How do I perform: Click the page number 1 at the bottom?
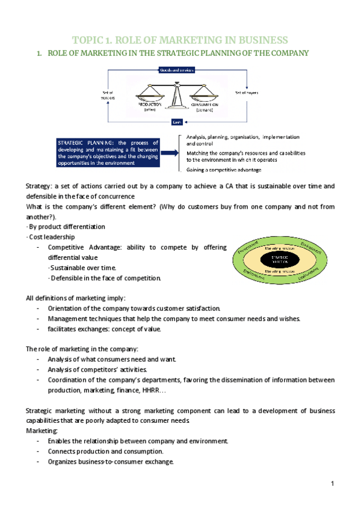coord(332,484)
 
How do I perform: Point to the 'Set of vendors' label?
coord(109,95)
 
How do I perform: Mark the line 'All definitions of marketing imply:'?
coord(76,298)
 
